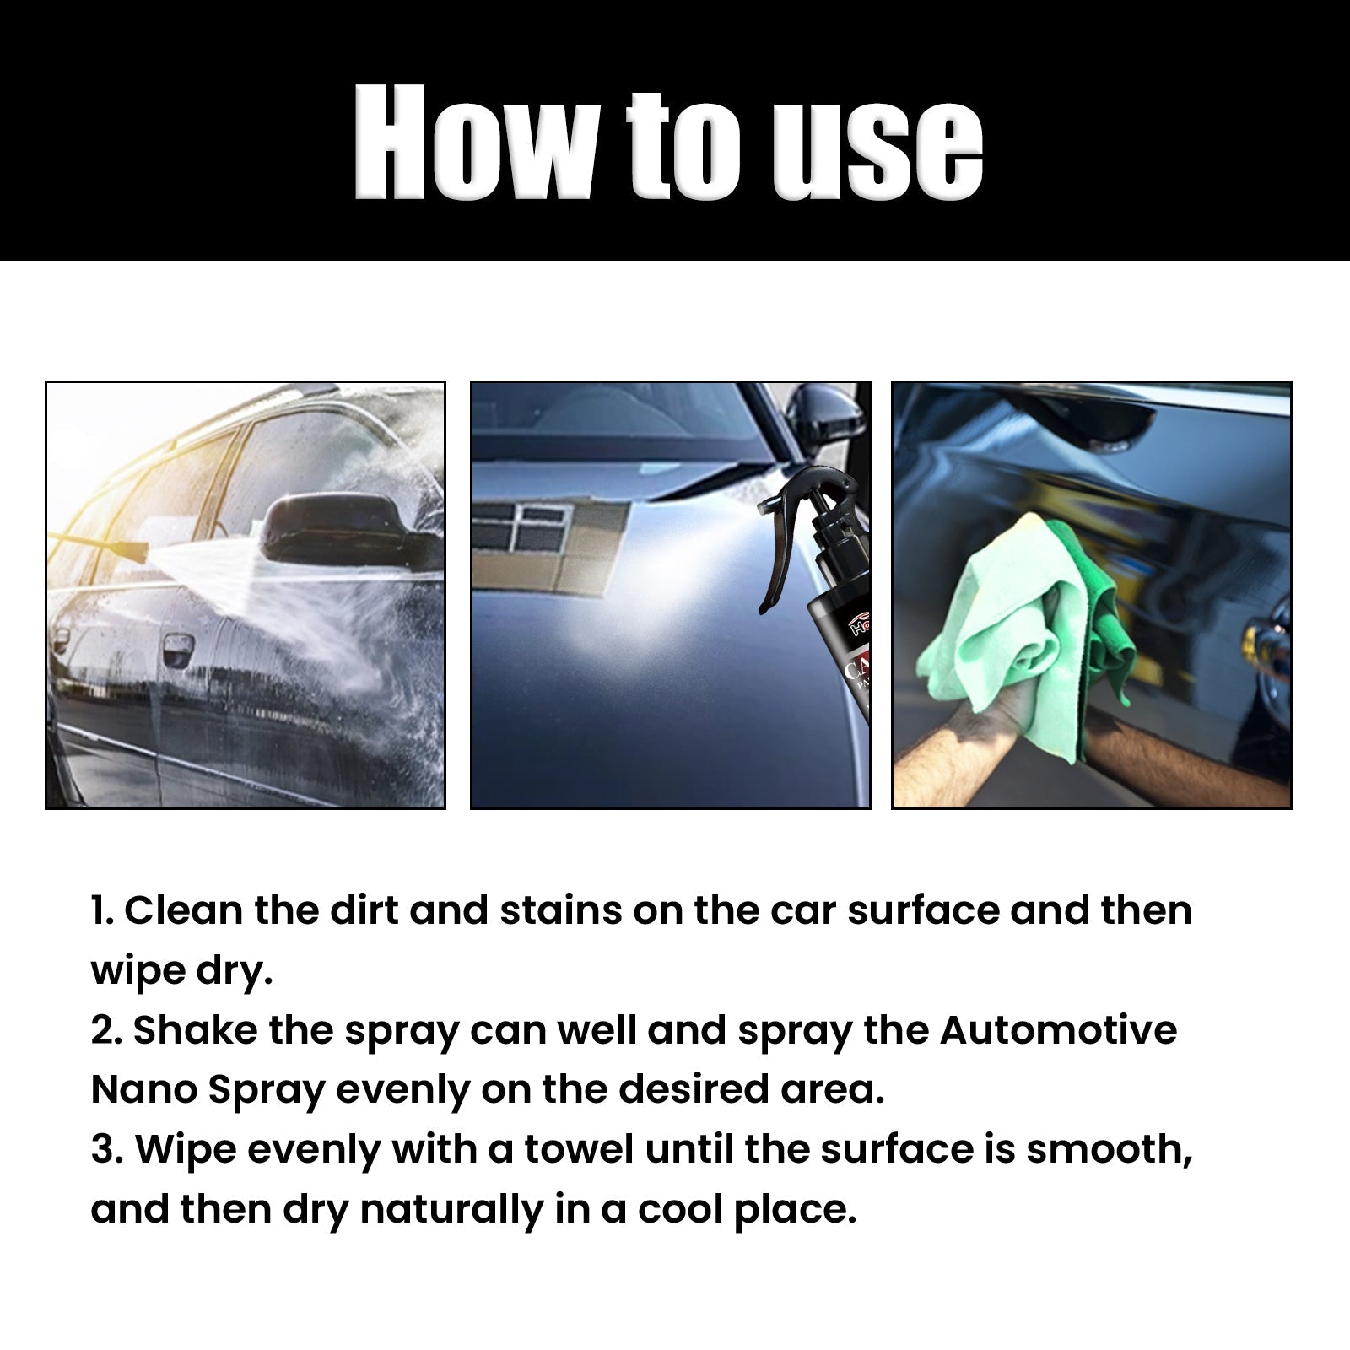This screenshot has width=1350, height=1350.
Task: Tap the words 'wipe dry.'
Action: tap(181, 972)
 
